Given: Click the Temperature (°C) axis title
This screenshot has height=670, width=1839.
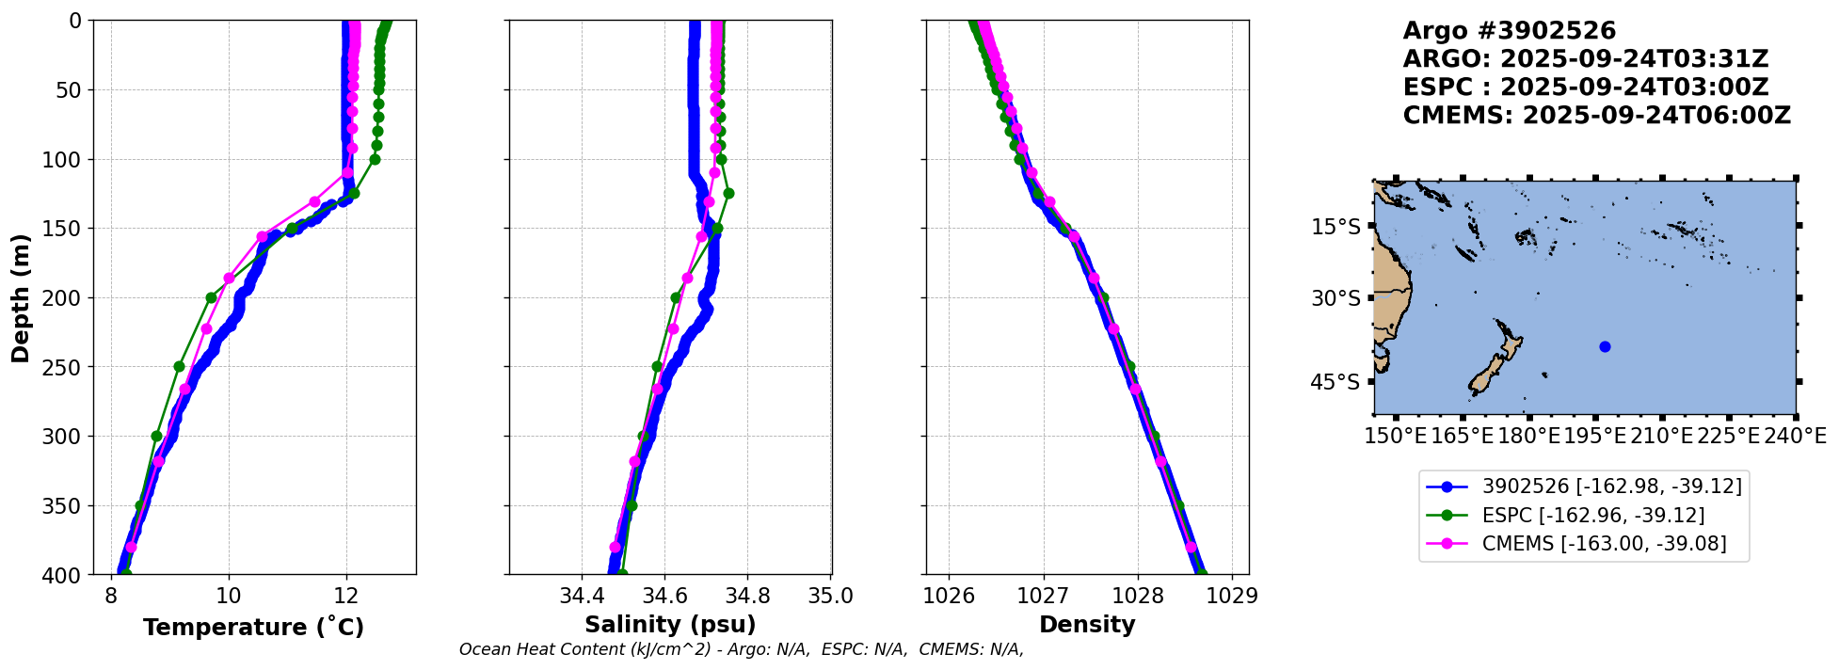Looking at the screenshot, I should click(x=253, y=628).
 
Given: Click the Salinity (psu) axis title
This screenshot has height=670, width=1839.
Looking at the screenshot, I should click(x=670, y=625).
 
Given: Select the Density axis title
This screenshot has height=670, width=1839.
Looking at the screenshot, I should click(x=1087, y=625).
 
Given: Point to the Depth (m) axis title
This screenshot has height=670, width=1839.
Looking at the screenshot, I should click(x=21, y=297).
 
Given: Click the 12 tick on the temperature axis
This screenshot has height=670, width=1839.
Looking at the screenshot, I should click(x=346, y=597).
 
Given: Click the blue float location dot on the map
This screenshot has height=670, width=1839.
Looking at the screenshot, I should click(x=1605, y=346).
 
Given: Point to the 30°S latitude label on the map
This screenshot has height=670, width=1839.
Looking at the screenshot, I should click(x=1335, y=298).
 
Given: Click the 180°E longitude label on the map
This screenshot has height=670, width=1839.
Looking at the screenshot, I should click(x=1528, y=437).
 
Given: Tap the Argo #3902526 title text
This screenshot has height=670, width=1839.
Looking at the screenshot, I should click(x=1509, y=31).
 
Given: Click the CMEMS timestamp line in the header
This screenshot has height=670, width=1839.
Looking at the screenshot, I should click(x=1596, y=116).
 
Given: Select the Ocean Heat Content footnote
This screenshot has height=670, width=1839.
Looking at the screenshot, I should click(x=741, y=649).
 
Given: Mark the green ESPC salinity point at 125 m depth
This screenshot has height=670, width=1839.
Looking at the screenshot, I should click(x=728, y=194).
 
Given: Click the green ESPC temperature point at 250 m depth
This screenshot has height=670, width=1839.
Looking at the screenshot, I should click(x=179, y=367).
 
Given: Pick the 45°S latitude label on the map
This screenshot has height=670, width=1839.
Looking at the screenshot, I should click(x=1335, y=382).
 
